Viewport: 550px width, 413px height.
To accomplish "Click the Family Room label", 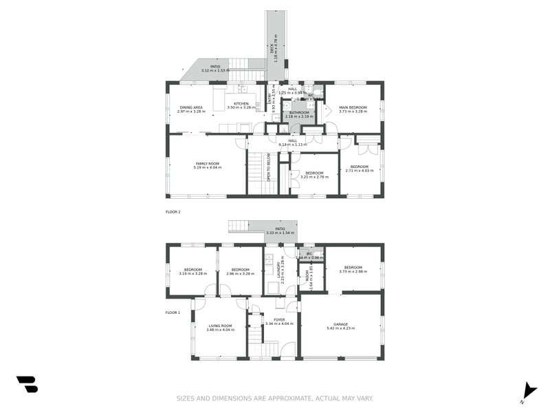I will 207,163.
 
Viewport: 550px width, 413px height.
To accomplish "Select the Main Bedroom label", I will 353,107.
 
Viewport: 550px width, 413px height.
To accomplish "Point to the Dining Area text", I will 191,107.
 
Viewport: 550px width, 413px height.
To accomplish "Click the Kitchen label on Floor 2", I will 241,104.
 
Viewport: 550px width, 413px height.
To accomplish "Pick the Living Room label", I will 220,326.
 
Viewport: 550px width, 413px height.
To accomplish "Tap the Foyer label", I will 279,319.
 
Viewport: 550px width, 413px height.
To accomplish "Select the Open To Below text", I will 269,167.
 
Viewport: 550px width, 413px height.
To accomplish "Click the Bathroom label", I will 299,112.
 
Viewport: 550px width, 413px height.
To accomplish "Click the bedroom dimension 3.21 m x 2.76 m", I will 313,177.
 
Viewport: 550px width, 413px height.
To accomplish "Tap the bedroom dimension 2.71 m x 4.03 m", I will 359,171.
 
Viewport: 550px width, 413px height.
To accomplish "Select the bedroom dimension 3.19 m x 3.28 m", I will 192,273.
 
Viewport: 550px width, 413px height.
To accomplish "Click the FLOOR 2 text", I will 173,212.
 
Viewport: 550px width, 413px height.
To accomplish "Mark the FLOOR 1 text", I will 173,313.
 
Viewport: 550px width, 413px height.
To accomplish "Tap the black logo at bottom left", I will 27,384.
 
